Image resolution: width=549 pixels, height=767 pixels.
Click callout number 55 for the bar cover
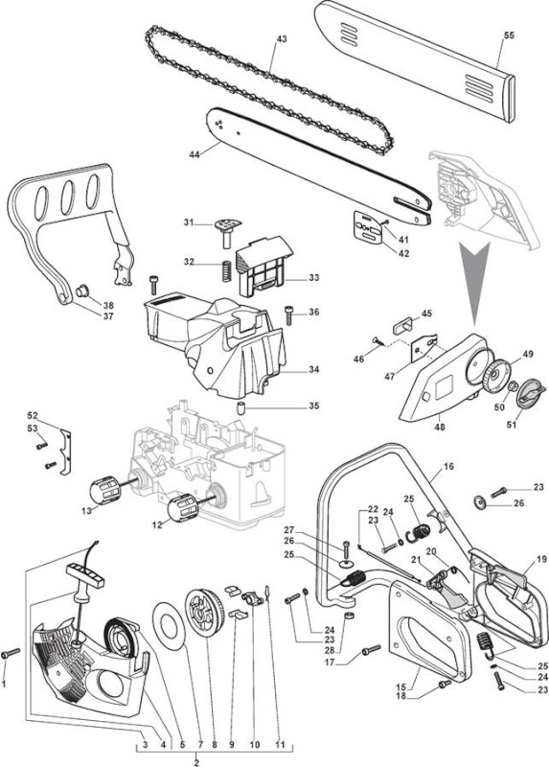[509, 35]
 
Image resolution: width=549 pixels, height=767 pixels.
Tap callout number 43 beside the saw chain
[282, 38]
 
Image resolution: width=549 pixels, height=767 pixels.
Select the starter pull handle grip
[86, 574]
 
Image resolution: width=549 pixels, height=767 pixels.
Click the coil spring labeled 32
[226, 270]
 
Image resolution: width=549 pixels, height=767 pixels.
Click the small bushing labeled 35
[241, 407]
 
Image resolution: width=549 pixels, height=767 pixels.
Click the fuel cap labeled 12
[182, 508]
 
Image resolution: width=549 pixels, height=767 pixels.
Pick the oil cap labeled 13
[105, 490]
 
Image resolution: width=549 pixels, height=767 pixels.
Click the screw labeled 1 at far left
[11, 653]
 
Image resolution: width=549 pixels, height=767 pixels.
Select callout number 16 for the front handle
[448, 466]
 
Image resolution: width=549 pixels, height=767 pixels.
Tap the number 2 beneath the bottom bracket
[196, 762]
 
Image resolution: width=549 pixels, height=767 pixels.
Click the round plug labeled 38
[81, 291]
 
